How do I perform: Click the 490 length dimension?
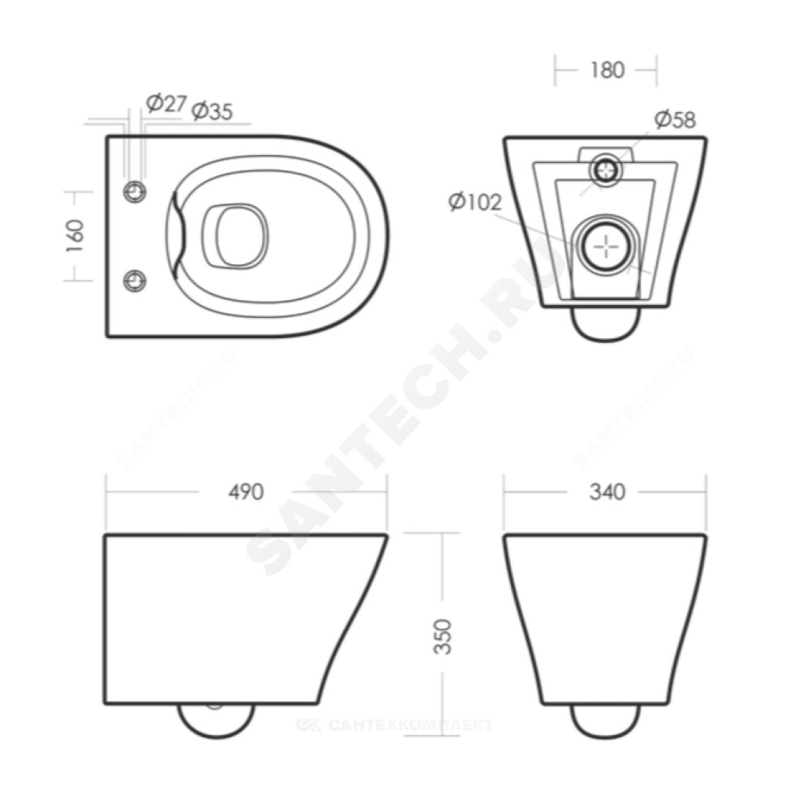coord(247,492)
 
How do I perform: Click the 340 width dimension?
coord(607,492)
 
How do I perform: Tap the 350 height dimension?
coord(443,637)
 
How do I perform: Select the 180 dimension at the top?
coord(607,71)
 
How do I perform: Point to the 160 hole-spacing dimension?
coord(75,236)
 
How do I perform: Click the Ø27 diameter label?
coord(165,104)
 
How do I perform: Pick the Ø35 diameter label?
coord(212,111)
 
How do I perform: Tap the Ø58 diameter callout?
coord(675,119)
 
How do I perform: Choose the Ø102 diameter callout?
coord(474,202)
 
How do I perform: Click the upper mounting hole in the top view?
coord(135,192)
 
